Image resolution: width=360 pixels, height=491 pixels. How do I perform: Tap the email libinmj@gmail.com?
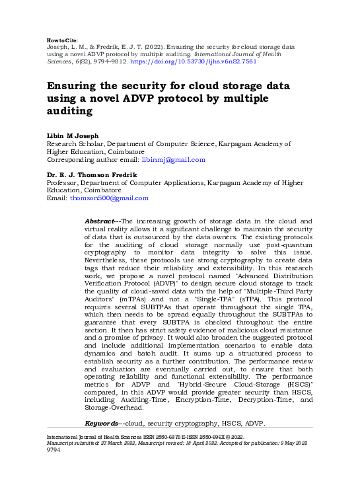click(x=174, y=160)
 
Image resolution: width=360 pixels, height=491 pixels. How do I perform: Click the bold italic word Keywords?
click(x=102, y=422)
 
